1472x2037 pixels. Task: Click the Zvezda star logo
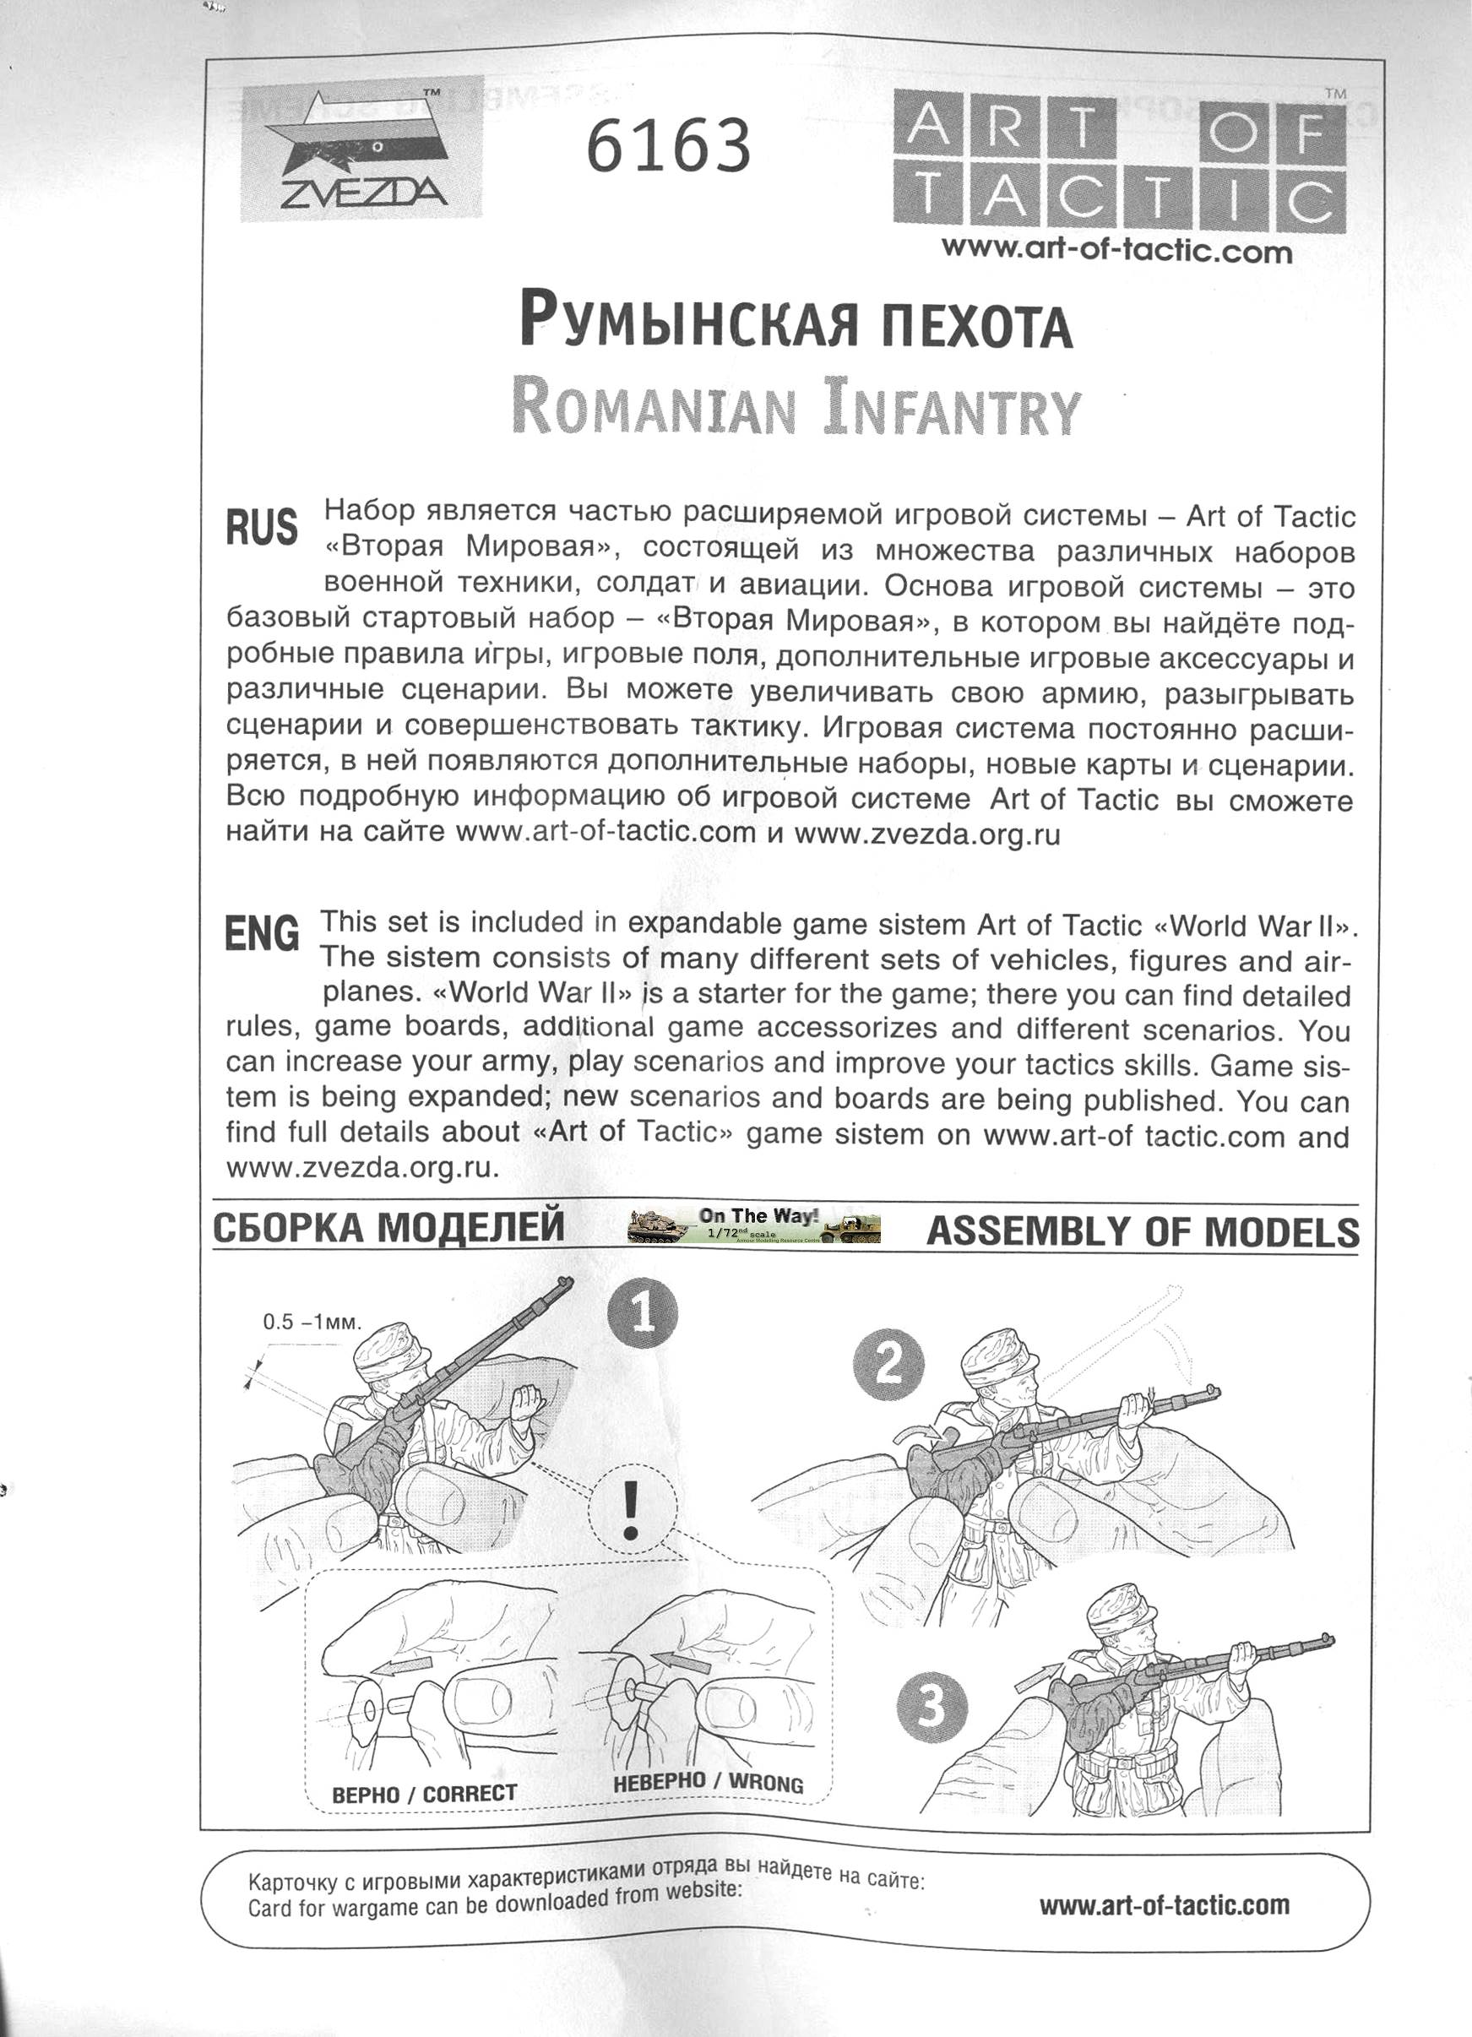[x=361, y=148]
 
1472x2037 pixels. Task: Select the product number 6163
[x=668, y=146]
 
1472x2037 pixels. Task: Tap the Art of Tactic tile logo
[x=1119, y=161]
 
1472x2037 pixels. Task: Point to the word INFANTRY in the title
[x=951, y=409]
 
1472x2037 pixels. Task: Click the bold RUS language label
[x=261, y=527]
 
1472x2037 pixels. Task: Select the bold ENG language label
[x=261, y=933]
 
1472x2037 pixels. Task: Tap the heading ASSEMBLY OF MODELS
[x=1143, y=1231]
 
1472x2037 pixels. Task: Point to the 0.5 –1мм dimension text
[x=312, y=1322]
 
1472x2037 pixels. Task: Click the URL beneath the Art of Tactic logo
[x=1116, y=251]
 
